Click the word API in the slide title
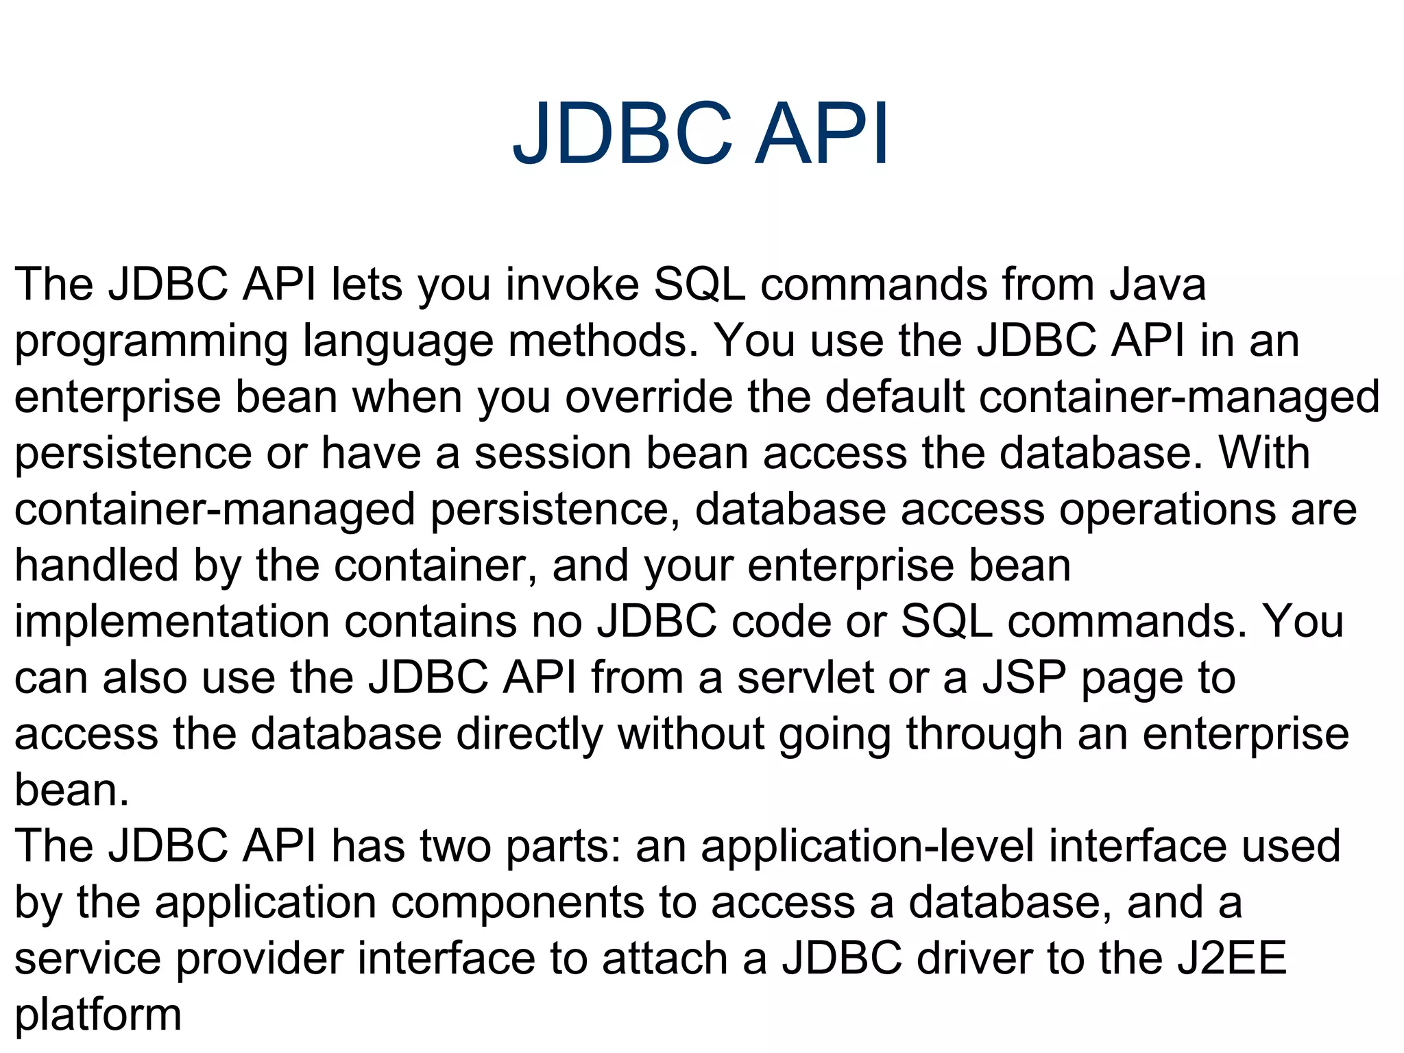pyautogui.click(x=821, y=134)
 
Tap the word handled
pyautogui.click(x=97, y=566)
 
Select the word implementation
pyautogui.click(x=172, y=622)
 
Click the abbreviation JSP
pyautogui.click(x=1024, y=679)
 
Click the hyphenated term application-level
pyautogui.click(x=867, y=847)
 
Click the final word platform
pyautogui.click(x=98, y=1016)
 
